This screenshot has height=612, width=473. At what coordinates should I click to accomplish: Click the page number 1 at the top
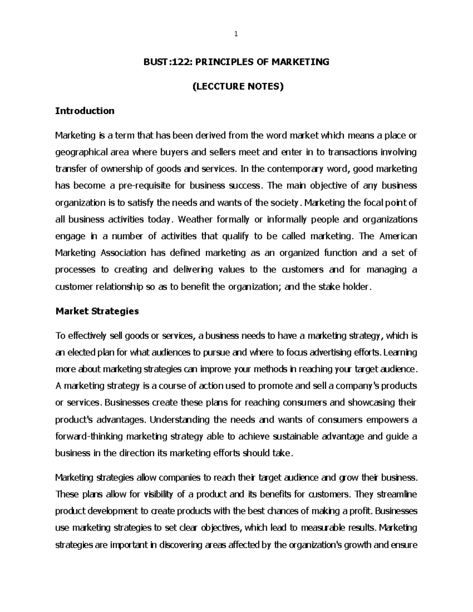236,34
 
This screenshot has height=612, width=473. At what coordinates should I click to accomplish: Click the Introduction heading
85,111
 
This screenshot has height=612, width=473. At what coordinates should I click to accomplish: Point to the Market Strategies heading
97,311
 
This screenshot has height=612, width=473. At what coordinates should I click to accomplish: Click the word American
398,236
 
